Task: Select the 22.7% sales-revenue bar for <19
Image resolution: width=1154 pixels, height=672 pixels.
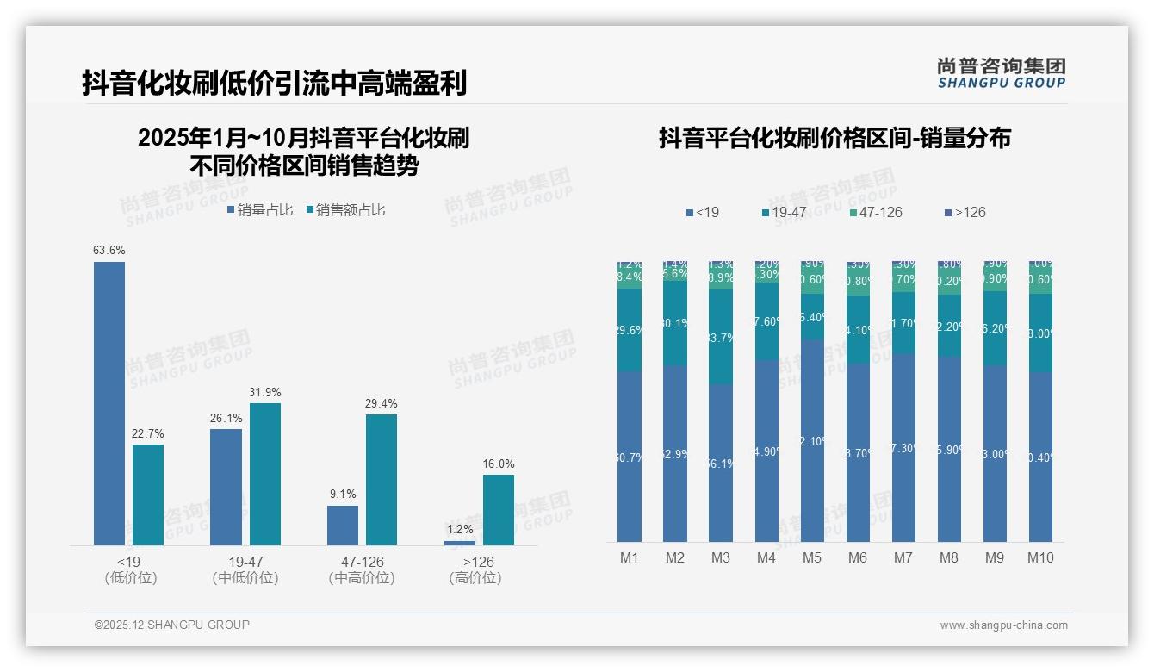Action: [148, 495]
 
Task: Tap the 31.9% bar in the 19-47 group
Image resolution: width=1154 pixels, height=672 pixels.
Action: [265, 474]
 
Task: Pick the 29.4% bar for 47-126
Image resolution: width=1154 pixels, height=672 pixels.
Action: [382, 480]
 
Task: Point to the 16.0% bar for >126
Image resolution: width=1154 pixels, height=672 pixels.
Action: [499, 510]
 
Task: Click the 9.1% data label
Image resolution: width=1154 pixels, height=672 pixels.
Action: [342, 495]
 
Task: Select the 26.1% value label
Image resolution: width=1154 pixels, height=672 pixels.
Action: [226, 419]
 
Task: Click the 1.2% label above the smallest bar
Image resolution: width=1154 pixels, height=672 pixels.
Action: [460, 530]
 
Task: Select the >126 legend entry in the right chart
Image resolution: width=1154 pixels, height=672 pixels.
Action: [970, 212]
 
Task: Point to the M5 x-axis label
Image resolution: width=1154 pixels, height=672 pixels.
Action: [812, 557]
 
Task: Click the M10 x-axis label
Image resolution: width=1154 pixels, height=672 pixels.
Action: [1040, 557]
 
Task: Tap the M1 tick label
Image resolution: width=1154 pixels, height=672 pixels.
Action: [630, 557]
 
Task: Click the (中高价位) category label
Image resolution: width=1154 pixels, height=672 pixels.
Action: [362, 578]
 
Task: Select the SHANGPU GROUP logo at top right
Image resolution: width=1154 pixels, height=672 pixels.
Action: [1001, 72]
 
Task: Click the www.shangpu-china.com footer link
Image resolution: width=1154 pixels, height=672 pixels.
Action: [1003, 625]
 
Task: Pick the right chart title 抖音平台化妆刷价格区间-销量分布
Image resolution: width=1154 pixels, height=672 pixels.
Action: [834, 138]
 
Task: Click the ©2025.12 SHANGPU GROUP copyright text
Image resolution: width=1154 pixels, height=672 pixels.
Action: [172, 625]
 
